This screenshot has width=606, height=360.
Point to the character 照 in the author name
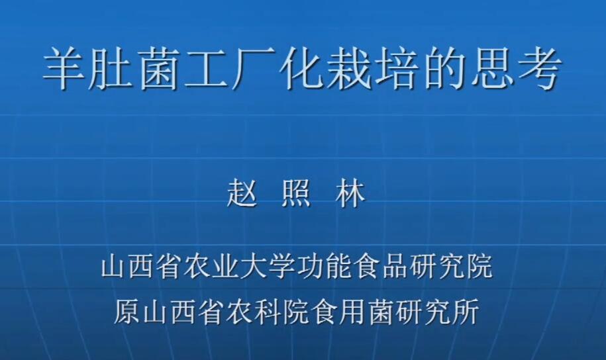pos(295,195)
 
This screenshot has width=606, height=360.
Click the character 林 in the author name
pos(350,195)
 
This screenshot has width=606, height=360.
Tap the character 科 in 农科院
pos(266,311)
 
